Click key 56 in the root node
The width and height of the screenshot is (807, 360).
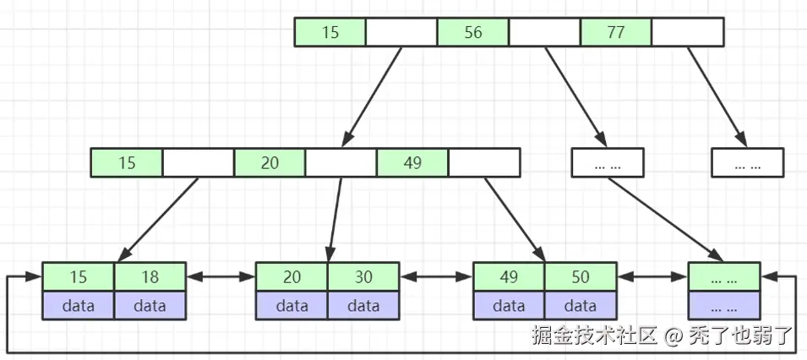[472, 32]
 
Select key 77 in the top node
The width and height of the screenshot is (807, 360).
[615, 32]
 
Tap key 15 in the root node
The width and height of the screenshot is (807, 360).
[330, 32]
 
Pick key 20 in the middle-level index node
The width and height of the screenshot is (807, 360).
[270, 162]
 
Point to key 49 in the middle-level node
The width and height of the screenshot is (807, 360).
[412, 162]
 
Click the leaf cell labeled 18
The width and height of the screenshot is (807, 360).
[150, 276]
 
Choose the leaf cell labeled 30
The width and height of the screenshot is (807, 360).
[363, 276]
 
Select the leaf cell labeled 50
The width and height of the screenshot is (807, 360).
[581, 276]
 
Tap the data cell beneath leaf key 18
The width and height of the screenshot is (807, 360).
[150, 305]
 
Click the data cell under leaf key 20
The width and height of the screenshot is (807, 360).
[292, 305]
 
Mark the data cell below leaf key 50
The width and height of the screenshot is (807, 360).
[581, 305]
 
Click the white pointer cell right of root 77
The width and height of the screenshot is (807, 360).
[688, 32]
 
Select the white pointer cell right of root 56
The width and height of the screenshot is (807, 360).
[544, 32]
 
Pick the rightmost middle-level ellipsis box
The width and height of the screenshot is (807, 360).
[747, 162]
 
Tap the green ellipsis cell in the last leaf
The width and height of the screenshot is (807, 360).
[724, 276]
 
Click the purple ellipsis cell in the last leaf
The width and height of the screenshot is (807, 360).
[724, 305]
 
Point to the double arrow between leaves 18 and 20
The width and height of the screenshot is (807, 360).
[221, 276]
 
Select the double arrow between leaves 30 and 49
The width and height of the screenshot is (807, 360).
[436, 276]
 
